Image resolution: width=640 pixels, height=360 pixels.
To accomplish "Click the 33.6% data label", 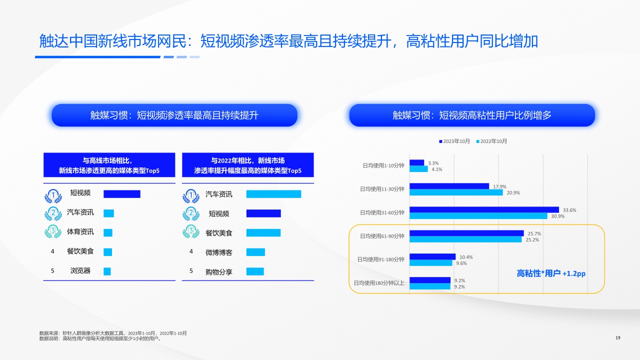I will tap(569, 210).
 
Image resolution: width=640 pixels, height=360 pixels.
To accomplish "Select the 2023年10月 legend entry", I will tap(454, 141).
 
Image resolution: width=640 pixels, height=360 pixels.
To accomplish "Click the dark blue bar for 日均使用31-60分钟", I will tap(484, 210).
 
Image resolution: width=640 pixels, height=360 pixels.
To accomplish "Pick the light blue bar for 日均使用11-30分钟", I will tap(456, 192).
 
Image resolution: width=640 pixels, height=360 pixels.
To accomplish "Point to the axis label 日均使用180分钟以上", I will tap(379, 283).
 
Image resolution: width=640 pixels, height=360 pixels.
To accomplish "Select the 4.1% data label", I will tap(436, 169).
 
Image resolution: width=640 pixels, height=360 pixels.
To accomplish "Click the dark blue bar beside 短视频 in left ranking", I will tap(121, 194).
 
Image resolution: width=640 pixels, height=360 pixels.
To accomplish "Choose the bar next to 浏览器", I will tap(107, 271).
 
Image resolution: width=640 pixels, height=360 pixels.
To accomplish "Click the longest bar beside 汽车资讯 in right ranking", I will tap(273, 194).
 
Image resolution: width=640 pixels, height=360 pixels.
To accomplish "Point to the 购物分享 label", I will tap(219, 271).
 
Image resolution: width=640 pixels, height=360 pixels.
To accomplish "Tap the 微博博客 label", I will tap(219, 252).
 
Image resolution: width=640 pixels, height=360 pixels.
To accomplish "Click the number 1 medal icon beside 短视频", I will tap(53, 194).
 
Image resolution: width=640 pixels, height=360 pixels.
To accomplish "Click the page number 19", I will tap(617, 338).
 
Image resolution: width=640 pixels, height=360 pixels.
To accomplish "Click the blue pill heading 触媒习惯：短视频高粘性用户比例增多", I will tap(472, 115).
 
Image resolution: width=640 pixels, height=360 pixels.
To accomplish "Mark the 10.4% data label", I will tap(466, 257).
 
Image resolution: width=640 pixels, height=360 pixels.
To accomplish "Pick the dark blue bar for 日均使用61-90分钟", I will tap(466, 233).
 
